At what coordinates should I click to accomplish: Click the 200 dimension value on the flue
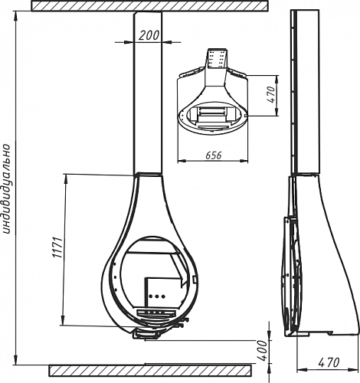click(x=149, y=35)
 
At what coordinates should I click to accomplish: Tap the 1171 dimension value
click(x=57, y=247)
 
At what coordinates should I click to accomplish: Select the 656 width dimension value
click(x=214, y=155)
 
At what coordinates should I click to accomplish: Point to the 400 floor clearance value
click(x=262, y=350)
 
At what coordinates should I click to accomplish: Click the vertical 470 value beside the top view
click(x=272, y=95)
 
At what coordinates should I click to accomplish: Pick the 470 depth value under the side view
click(x=329, y=362)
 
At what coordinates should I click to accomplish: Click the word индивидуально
click(x=7, y=189)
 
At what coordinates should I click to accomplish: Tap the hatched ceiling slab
click(x=149, y=5)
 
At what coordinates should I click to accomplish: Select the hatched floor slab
click(x=150, y=371)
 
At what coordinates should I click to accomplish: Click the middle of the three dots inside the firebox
click(x=156, y=296)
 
